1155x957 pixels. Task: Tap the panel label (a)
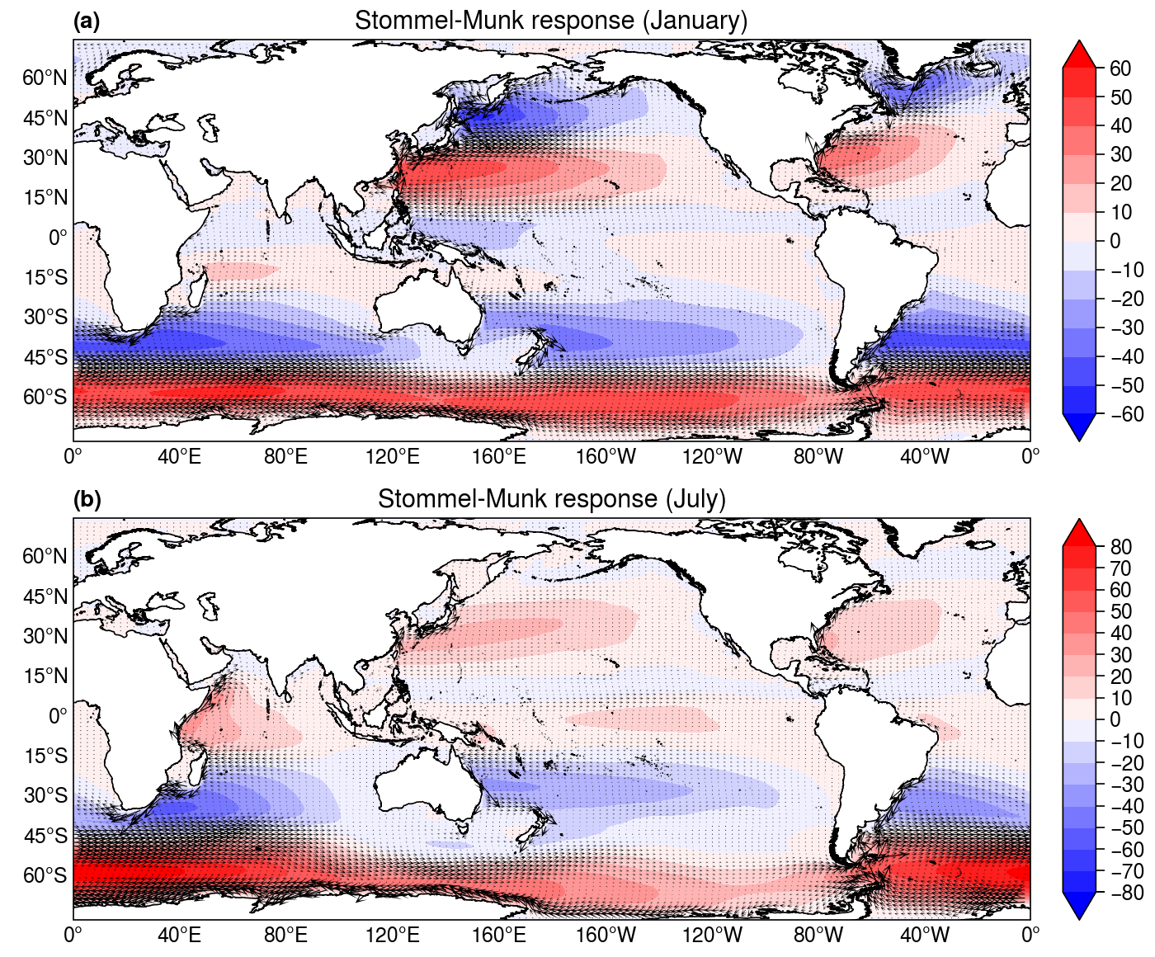point(87,21)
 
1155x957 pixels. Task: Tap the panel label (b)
point(87,499)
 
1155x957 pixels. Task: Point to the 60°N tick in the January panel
point(45,78)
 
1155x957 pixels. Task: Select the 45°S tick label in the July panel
point(45,835)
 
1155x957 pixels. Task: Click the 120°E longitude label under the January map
point(393,457)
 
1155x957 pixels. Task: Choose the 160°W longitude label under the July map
point(606,936)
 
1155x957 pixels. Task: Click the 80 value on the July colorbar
point(1120,546)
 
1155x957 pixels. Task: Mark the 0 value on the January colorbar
point(1115,241)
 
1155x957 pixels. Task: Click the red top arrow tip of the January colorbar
point(1078,40)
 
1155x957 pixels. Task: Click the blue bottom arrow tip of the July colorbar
point(1078,919)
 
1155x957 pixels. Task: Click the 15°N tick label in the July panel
point(45,676)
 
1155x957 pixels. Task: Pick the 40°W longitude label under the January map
point(924,457)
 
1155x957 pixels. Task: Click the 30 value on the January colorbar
point(1120,154)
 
